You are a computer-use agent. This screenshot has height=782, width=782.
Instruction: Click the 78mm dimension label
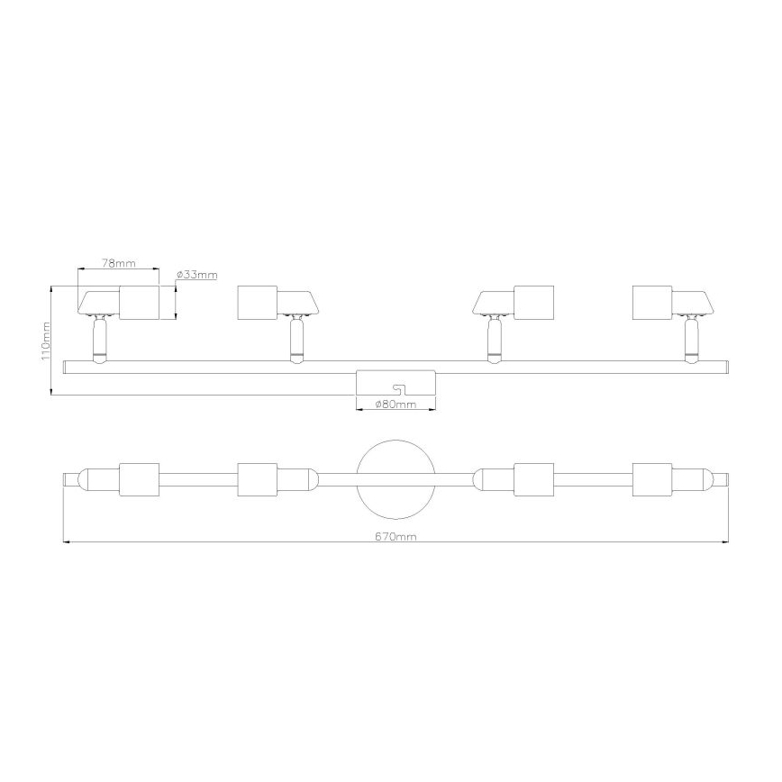[118, 263]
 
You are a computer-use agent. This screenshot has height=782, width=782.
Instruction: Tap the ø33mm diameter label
[196, 274]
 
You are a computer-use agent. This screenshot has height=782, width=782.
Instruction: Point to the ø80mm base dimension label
[396, 405]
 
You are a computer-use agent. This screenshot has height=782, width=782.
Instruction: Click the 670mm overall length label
[396, 536]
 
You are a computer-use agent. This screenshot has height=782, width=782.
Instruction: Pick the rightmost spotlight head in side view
[671, 302]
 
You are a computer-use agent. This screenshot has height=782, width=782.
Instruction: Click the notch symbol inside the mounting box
[396, 389]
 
